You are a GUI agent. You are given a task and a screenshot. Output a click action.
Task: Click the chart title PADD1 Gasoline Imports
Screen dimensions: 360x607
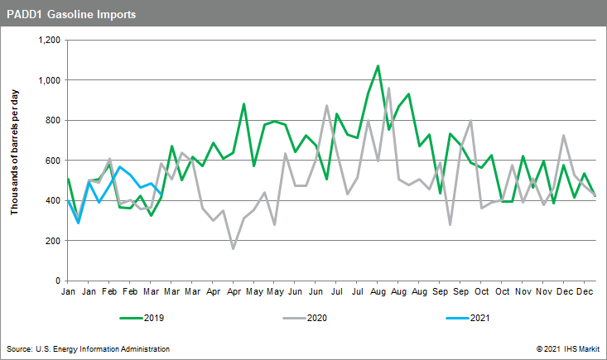click(x=71, y=15)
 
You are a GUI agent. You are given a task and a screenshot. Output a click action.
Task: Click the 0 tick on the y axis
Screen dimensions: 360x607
click(x=59, y=281)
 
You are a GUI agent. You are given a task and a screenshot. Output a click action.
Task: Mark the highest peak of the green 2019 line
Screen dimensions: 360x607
click(x=378, y=66)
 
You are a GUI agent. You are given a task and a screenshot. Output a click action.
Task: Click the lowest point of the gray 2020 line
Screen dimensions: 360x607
click(x=234, y=248)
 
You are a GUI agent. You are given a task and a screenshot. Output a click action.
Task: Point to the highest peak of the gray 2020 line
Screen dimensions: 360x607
click(x=388, y=88)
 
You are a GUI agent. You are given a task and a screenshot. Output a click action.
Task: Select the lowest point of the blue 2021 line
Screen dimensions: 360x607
click(x=79, y=223)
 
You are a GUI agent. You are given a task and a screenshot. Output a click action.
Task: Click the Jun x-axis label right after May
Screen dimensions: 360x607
click(x=296, y=292)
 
